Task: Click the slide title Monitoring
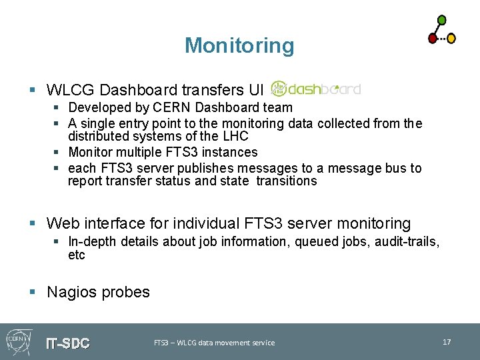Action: tap(239, 45)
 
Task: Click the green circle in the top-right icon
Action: tap(441, 20)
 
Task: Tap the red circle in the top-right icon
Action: tap(433, 38)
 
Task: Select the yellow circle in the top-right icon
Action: tap(451, 39)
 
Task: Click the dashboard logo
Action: tap(316, 89)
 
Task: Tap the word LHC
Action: tap(235, 136)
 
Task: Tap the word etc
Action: tap(77, 255)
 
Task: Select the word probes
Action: tap(127, 292)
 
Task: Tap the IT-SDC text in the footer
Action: tap(67, 343)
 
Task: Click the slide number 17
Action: tap(447, 342)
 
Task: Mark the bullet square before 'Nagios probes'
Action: tap(33, 292)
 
